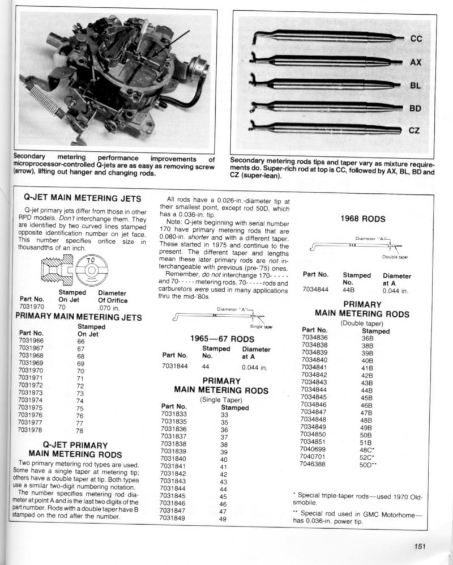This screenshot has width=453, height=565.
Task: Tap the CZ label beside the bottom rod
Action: [x=414, y=130]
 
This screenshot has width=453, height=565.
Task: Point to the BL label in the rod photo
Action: [x=416, y=85]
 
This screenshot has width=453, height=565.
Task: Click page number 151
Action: [x=419, y=546]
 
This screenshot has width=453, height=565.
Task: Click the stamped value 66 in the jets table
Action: [x=80, y=342]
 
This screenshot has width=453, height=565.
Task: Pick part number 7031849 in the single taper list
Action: [x=173, y=518]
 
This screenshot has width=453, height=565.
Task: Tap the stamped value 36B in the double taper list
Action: [x=367, y=338]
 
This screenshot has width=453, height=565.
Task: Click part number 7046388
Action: [x=315, y=464]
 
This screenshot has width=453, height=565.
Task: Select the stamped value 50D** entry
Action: [x=368, y=464]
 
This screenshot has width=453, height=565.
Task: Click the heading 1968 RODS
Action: [x=362, y=218]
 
